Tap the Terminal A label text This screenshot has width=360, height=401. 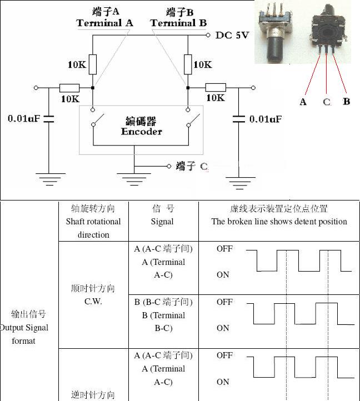[104, 23]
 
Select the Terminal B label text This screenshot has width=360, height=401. [178, 23]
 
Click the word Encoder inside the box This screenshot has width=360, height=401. [142, 132]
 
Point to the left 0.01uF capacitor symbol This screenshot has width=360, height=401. [48, 118]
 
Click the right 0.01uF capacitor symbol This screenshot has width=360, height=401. [239, 118]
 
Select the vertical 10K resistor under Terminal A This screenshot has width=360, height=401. [93, 64]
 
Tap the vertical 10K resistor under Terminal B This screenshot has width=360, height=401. [188, 64]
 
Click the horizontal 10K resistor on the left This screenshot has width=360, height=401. [69, 88]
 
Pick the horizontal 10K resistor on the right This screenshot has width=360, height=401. [216, 87]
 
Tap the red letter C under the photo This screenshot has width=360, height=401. [327, 102]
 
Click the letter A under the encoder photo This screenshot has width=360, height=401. [303, 102]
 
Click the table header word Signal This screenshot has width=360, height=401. [162, 221]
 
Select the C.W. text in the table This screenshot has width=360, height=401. [93, 302]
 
